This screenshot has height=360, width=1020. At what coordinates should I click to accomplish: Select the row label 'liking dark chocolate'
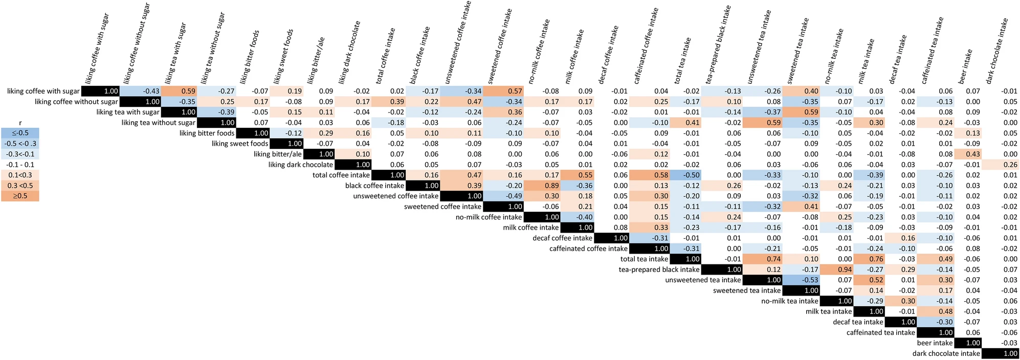click(301, 165)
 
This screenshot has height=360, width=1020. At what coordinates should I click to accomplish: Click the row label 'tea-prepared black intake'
click(659, 269)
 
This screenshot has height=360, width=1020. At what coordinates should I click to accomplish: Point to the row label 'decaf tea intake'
click(858, 322)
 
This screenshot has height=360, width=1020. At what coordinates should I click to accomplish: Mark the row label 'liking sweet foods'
click(240, 144)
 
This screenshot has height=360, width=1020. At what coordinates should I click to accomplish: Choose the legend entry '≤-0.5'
click(20, 133)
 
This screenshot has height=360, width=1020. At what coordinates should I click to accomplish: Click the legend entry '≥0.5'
click(20, 196)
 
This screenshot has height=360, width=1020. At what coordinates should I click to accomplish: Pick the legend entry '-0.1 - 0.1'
click(20, 165)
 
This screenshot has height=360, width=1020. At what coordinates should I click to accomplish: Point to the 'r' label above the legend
click(20, 123)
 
